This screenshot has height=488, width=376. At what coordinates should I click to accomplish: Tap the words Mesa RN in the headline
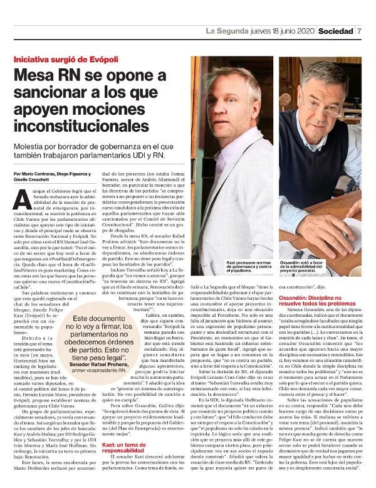point(50,78)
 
